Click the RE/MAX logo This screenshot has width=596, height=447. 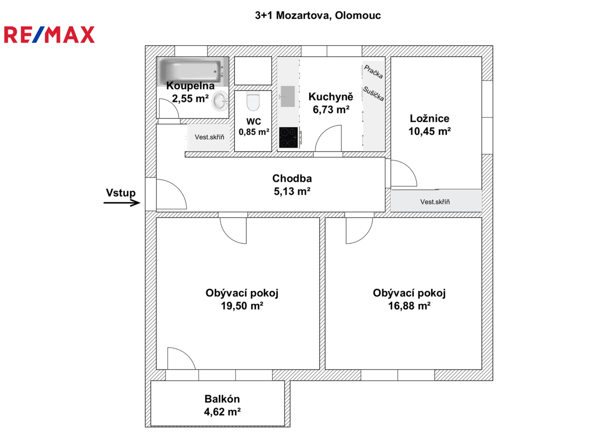click(x=49, y=35)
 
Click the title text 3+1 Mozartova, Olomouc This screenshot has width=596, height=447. click(x=317, y=16)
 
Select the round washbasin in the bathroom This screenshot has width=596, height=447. click(x=220, y=101)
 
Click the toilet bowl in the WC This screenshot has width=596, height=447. click(x=253, y=101)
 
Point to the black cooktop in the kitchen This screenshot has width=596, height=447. click(x=288, y=137)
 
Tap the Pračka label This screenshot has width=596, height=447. click(x=373, y=72)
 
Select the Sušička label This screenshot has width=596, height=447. click(x=373, y=94)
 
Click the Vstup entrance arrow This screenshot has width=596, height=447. click(x=122, y=202)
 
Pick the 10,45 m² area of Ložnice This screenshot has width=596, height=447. click(x=429, y=132)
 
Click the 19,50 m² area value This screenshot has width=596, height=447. click(x=242, y=306)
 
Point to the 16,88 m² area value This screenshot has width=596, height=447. click(x=409, y=306)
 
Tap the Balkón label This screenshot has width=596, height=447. click(x=222, y=399)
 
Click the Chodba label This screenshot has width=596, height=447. click(x=292, y=178)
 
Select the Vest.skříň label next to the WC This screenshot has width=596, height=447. click(x=209, y=137)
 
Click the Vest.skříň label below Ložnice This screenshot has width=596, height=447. click(x=435, y=202)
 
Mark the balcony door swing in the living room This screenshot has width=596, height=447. click(x=180, y=359)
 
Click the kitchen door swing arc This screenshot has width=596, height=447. click(x=329, y=139)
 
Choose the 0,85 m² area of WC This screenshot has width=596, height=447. click(x=254, y=132)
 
